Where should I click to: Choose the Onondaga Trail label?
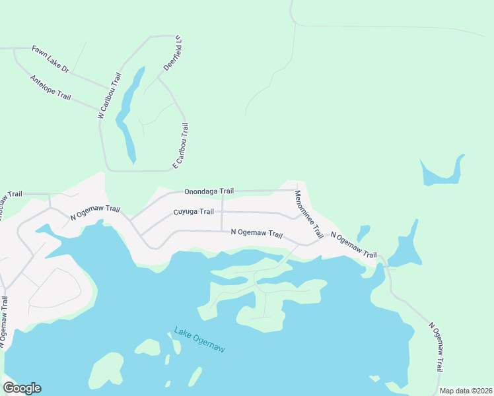point(209,191)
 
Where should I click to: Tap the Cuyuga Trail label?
point(194,212)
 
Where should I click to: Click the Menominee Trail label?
point(308,214)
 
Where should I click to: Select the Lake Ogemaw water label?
point(199,339)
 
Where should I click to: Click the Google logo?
point(22,388)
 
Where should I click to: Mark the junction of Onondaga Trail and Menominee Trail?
point(297,190)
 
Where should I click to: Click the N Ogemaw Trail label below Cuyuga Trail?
point(256,234)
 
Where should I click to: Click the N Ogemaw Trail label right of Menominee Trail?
point(353,245)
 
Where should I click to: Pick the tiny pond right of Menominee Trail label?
point(363,233)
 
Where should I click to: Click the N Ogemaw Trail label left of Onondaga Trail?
point(95,213)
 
